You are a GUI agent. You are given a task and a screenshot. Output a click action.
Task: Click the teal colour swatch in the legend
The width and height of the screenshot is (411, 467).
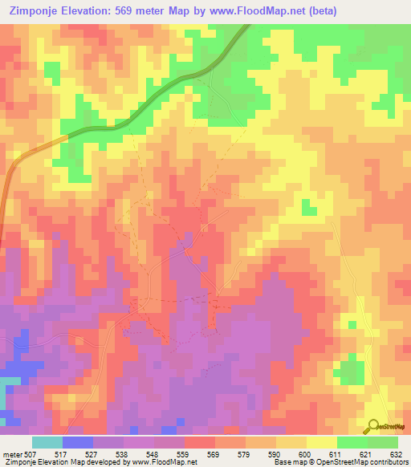[x=47, y=443]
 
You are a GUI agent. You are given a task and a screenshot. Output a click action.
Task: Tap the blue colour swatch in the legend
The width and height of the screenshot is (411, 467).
[x=78, y=443]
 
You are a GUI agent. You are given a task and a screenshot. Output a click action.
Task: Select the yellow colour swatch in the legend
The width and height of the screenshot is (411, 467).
[x=322, y=443]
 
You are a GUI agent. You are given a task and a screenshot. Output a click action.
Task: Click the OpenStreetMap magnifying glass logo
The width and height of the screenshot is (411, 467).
[x=372, y=427]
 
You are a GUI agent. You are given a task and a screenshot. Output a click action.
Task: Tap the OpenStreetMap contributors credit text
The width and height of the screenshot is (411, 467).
[x=366, y=461]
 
